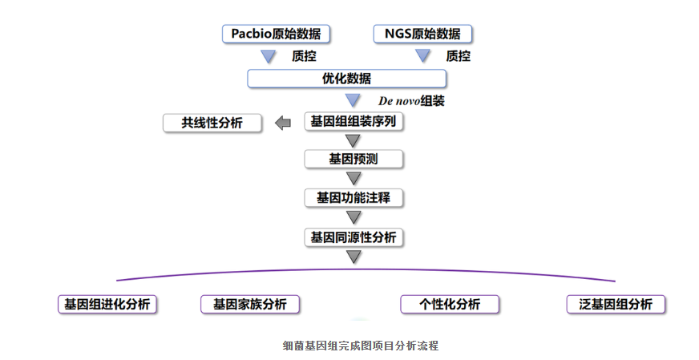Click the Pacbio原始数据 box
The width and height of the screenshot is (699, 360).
(276, 34)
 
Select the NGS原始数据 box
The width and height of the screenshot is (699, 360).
(422, 34)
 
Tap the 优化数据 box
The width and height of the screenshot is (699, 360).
(346, 79)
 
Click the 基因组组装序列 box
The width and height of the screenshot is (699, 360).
(353, 122)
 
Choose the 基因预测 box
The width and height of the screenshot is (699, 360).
(353, 159)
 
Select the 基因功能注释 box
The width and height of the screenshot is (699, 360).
(353, 197)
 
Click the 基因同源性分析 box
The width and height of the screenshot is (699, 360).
(353, 237)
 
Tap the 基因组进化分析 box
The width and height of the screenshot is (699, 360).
(107, 305)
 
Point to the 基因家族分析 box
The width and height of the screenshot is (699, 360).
(249, 305)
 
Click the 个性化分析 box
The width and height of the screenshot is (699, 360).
(450, 305)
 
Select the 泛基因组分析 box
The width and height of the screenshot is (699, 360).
(616, 305)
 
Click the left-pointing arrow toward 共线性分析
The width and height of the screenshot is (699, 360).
(282, 123)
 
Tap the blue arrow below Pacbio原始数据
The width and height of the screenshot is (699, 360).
(268, 56)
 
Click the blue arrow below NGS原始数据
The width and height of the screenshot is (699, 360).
(422, 56)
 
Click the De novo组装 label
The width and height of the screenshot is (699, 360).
(411, 101)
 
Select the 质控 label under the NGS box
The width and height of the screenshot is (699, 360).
(458, 56)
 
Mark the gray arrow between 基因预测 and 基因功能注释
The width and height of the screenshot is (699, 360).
(353, 178)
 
